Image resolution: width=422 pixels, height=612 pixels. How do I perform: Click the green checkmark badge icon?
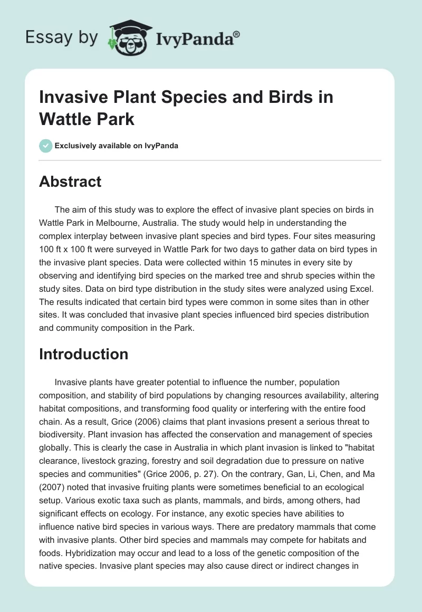(46, 146)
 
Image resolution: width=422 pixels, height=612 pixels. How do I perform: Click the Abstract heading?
(70, 181)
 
